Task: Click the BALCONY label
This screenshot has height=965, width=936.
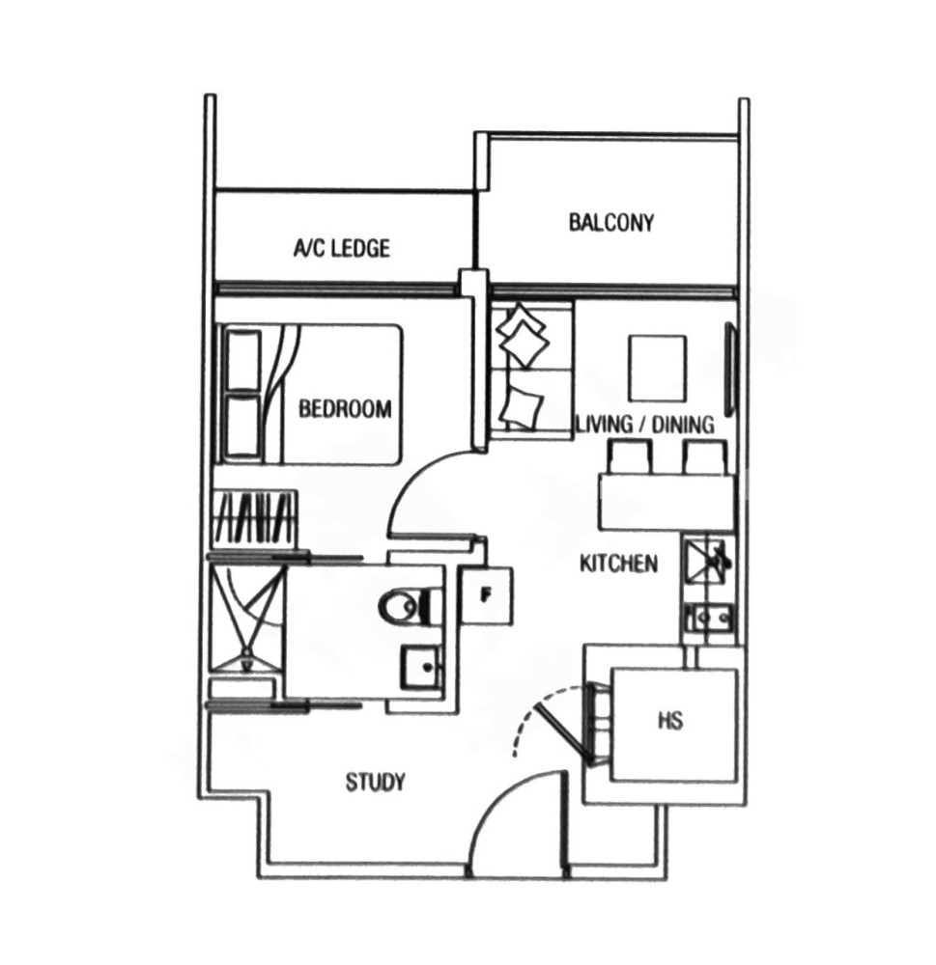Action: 610,222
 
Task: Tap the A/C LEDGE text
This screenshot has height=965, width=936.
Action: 341,248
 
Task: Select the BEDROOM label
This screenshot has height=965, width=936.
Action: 345,409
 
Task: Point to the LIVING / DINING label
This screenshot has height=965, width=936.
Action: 644,425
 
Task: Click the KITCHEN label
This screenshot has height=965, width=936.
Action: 618,564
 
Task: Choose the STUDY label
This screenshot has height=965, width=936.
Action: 375,783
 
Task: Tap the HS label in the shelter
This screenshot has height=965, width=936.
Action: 670,721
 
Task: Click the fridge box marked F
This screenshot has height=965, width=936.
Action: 487,595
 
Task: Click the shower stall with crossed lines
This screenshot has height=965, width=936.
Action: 246,620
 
